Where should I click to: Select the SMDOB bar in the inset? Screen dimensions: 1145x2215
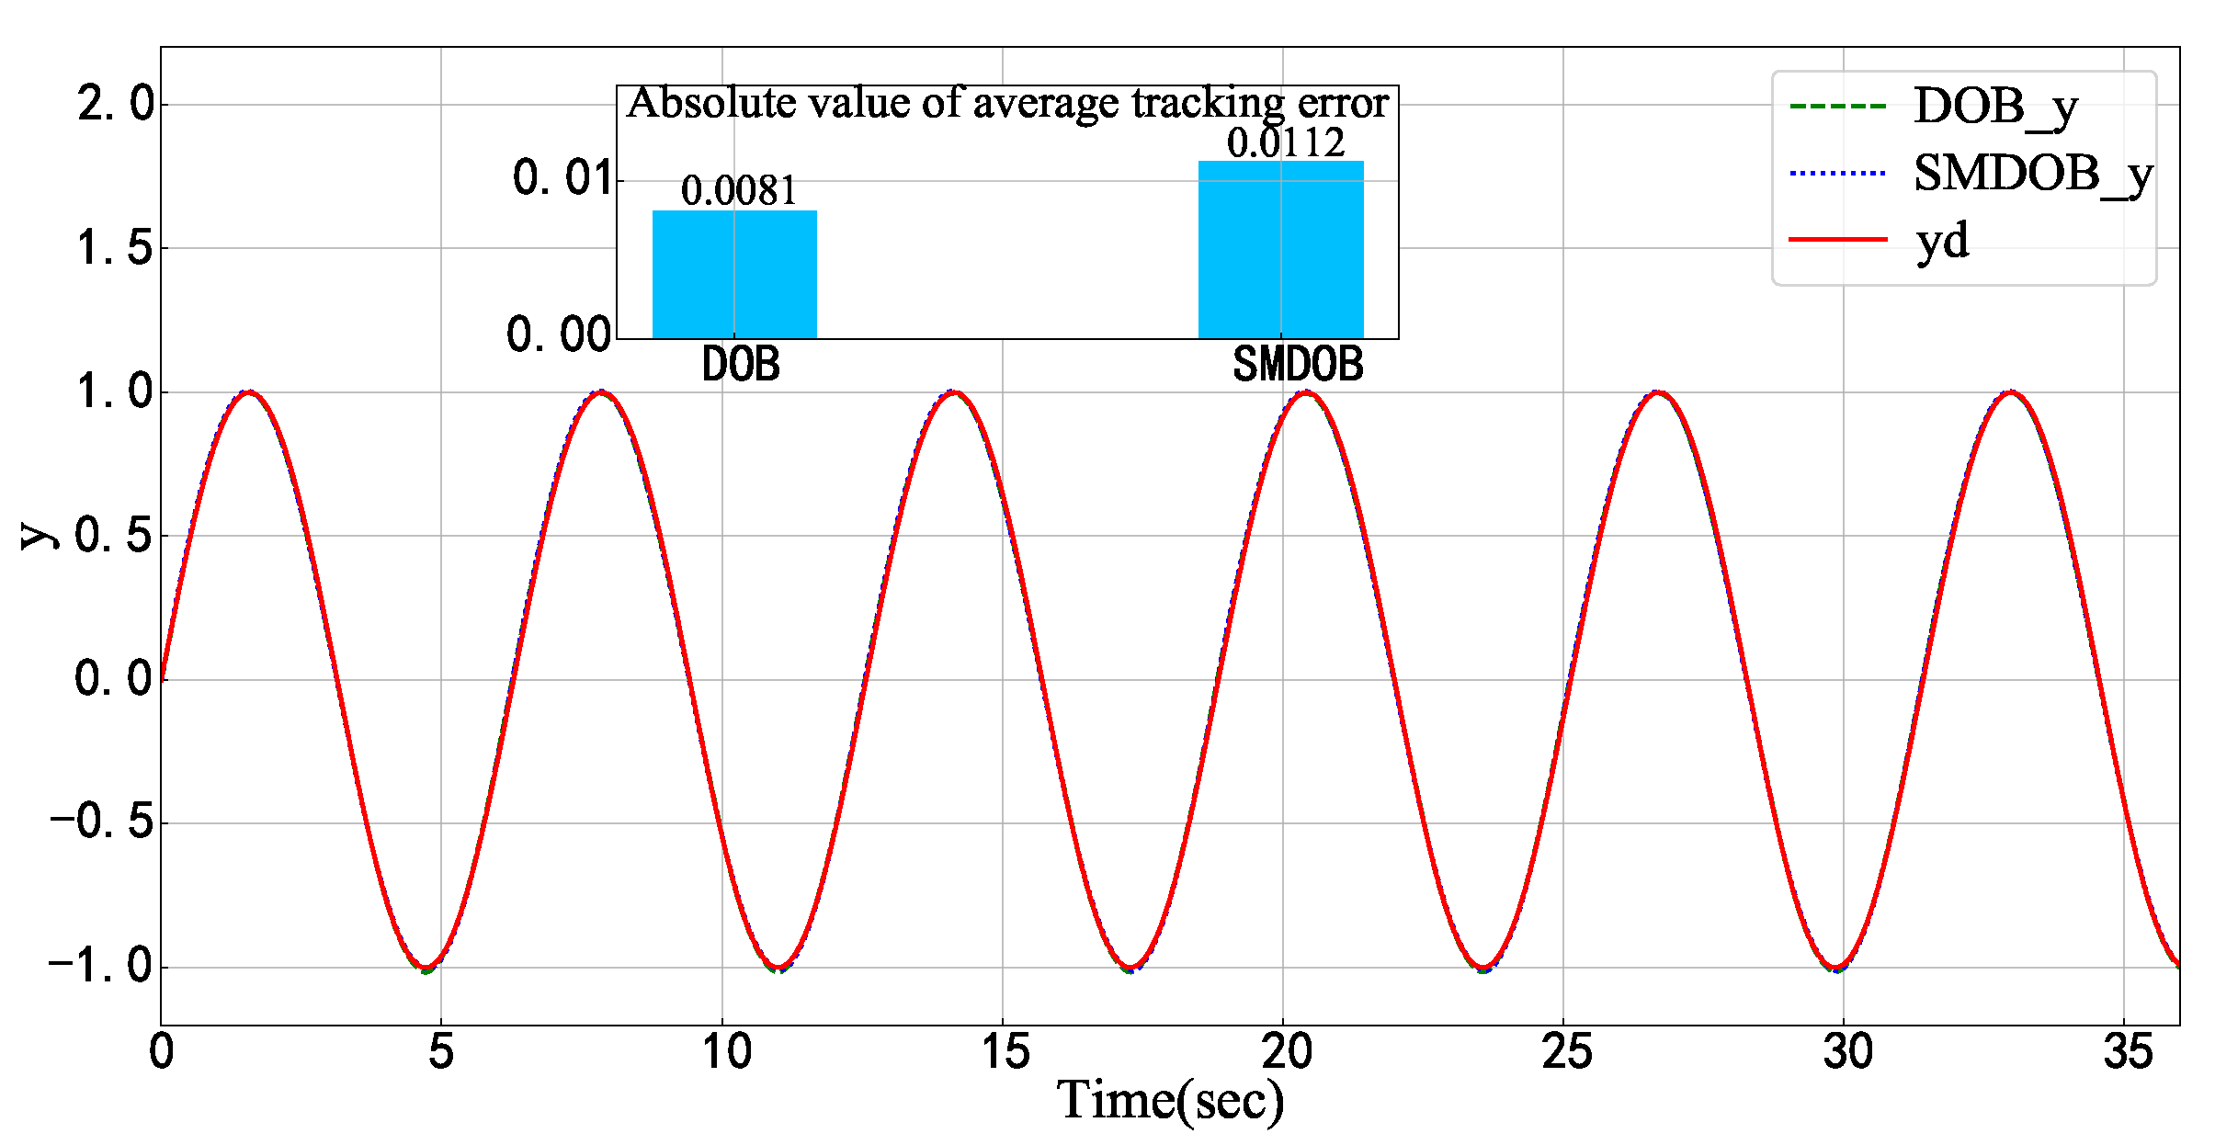pos(1280,250)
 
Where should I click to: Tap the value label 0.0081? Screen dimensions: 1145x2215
pos(739,190)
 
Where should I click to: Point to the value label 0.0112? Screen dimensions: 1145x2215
pos(1285,142)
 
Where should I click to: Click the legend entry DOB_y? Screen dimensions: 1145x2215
pos(1994,107)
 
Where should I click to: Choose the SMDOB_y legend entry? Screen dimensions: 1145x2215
pos(2032,174)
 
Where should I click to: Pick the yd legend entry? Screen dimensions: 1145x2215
pos(1942,241)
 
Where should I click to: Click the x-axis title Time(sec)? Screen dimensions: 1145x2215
pos(1169,1100)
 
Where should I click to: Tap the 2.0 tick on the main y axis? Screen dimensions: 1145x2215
pos(116,104)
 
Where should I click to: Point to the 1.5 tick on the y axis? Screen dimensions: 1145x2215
pos(116,248)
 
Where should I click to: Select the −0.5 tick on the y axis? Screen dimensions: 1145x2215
pos(101,822)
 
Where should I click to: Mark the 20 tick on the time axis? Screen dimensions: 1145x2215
pos(1284,1051)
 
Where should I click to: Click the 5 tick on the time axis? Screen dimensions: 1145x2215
pos(441,1051)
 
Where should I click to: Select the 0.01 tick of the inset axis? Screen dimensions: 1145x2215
pos(562,178)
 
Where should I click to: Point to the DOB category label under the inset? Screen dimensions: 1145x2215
pos(740,365)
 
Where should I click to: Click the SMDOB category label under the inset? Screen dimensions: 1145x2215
pos(1297,365)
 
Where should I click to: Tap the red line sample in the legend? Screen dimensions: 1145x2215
pos(1837,240)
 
